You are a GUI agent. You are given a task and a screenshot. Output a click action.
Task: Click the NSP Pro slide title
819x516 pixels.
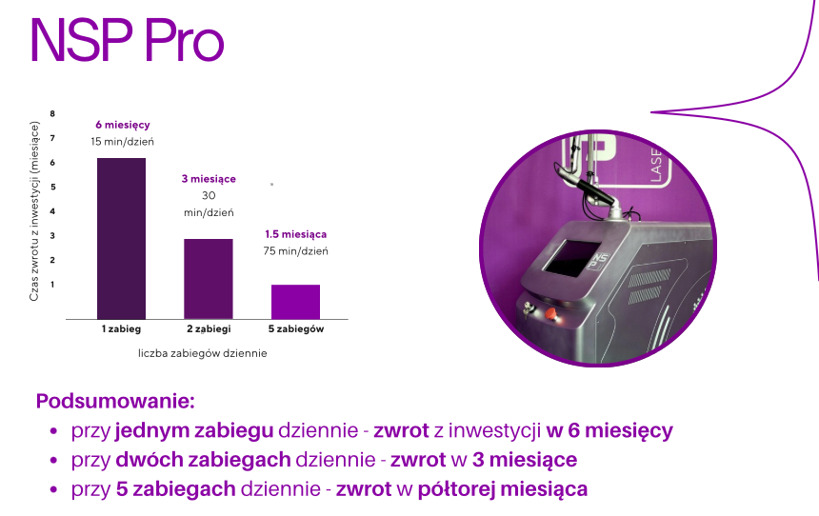(128, 41)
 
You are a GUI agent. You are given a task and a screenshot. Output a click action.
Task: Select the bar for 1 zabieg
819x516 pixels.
(121, 239)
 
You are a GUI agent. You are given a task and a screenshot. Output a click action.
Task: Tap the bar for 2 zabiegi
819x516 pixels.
(209, 279)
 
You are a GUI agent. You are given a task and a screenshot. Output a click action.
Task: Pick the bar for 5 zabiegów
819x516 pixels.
(295, 302)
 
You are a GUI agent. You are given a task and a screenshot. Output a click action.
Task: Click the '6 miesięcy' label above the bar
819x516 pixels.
(123, 125)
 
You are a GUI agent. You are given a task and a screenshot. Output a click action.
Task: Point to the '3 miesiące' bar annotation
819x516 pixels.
(209, 179)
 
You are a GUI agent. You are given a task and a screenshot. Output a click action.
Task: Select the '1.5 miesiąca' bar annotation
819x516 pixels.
(295, 234)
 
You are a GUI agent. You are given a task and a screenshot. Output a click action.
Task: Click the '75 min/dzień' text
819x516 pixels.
(295, 251)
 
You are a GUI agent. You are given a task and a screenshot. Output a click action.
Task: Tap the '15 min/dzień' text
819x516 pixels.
(122, 142)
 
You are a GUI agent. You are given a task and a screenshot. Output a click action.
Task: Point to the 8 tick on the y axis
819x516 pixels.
(52, 114)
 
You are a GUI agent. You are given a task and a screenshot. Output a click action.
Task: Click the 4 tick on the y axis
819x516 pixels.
(52, 211)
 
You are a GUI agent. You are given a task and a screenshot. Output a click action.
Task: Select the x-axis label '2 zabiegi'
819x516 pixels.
(209, 329)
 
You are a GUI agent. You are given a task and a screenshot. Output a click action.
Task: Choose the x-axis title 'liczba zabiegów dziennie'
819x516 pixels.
(203, 353)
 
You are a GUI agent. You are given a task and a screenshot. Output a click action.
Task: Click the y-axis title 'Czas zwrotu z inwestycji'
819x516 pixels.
(34, 229)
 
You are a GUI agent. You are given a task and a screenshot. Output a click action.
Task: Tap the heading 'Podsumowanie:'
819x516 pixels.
(115, 401)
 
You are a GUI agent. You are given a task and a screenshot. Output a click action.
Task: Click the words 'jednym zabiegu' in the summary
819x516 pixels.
(194, 431)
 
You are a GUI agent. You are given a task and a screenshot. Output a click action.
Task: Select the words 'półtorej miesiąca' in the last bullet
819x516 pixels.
(503, 489)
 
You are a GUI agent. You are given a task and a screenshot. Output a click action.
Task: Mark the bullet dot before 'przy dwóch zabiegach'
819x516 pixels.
(53, 461)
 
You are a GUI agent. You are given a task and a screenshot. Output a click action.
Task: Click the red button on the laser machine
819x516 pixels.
(550, 314)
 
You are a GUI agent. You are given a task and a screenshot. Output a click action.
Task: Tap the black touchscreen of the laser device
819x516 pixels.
(571, 259)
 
